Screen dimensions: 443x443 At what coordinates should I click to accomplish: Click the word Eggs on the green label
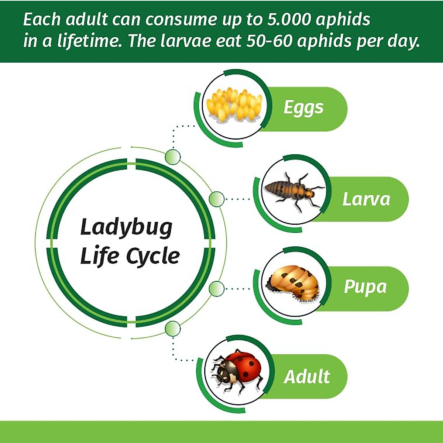303,108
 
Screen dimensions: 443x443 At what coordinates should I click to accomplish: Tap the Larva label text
366,199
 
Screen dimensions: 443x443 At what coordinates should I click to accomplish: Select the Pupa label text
365,287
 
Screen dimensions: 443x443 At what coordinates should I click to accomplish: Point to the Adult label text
307,377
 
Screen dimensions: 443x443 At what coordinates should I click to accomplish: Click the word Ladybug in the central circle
126,228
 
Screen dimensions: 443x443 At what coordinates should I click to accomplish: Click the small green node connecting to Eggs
173,157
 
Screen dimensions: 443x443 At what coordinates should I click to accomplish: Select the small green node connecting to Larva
216,199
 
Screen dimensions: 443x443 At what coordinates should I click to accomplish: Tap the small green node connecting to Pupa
216,288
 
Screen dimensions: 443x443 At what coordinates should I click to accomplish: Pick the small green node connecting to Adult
173,328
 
